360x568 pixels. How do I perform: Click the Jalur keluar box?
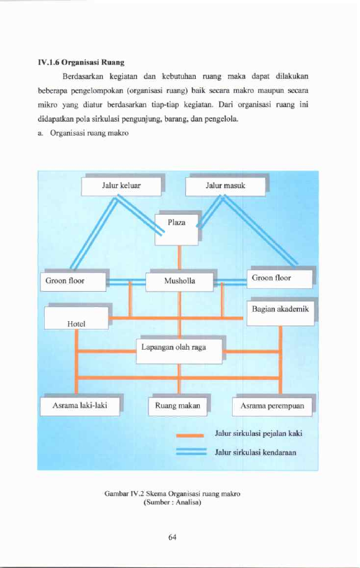tap(122, 186)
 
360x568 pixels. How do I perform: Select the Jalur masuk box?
tap(225, 186)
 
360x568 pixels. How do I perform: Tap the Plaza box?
tap(176, 229)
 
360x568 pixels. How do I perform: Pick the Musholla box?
tap(180, 282)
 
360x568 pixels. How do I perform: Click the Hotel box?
tap(76, 318)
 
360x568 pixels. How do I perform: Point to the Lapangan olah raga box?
tap(179, 351)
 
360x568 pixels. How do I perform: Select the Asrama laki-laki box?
tap(80, 406)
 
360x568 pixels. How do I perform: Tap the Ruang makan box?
tap(178, 406)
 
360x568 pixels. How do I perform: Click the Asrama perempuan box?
tap(273, 406)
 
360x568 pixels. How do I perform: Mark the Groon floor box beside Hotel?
tap(73, 281)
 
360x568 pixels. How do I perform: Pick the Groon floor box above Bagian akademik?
tap(280, 279)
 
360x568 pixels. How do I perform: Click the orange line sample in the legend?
tap(189, 435)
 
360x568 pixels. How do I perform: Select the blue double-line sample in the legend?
tap(192, 451)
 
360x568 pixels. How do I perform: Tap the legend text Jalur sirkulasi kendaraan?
tap(255, 453)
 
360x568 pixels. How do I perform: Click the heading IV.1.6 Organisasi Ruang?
tap(81, 62)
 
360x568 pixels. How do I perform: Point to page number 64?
tap(173, 537)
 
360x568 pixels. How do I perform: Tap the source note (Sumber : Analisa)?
tap(173, 502)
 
